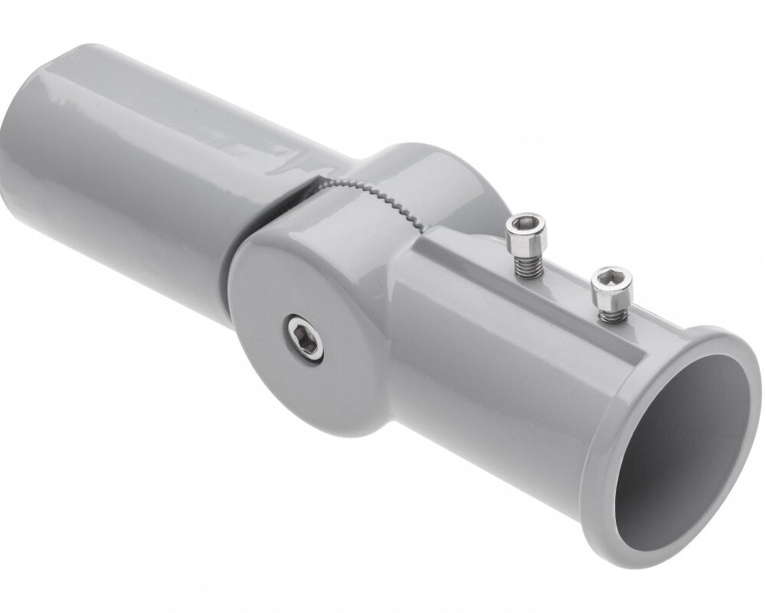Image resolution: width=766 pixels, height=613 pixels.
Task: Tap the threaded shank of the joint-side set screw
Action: click(x=525, y=265)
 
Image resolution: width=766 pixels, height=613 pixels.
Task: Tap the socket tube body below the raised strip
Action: click(x=490, y=383)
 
